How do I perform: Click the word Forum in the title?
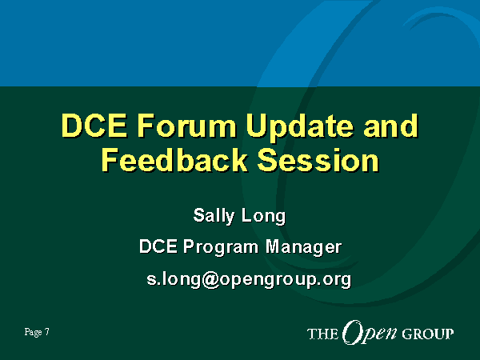[x=186, y=126]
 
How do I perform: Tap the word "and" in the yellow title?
[x=390, y=126]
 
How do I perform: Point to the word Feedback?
[x=174, y=160]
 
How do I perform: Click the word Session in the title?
[x=318, y=160]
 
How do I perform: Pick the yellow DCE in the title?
[x=94, y=126]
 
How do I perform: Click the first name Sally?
[x=214, y=216]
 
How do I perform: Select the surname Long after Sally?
[x=263, y=217]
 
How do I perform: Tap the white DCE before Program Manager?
[x=158, y=246]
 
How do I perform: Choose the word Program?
[x=221, y=248]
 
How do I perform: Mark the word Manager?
[x=303, y=248]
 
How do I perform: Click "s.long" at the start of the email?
[x=174, y=279]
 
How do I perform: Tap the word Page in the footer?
[x=34, y=333]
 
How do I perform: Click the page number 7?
[x=47, y=332]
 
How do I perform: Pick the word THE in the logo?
[x=322, y=334]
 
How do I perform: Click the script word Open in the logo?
[x=370, y=333]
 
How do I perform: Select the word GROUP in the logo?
[x=428, y=334]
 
